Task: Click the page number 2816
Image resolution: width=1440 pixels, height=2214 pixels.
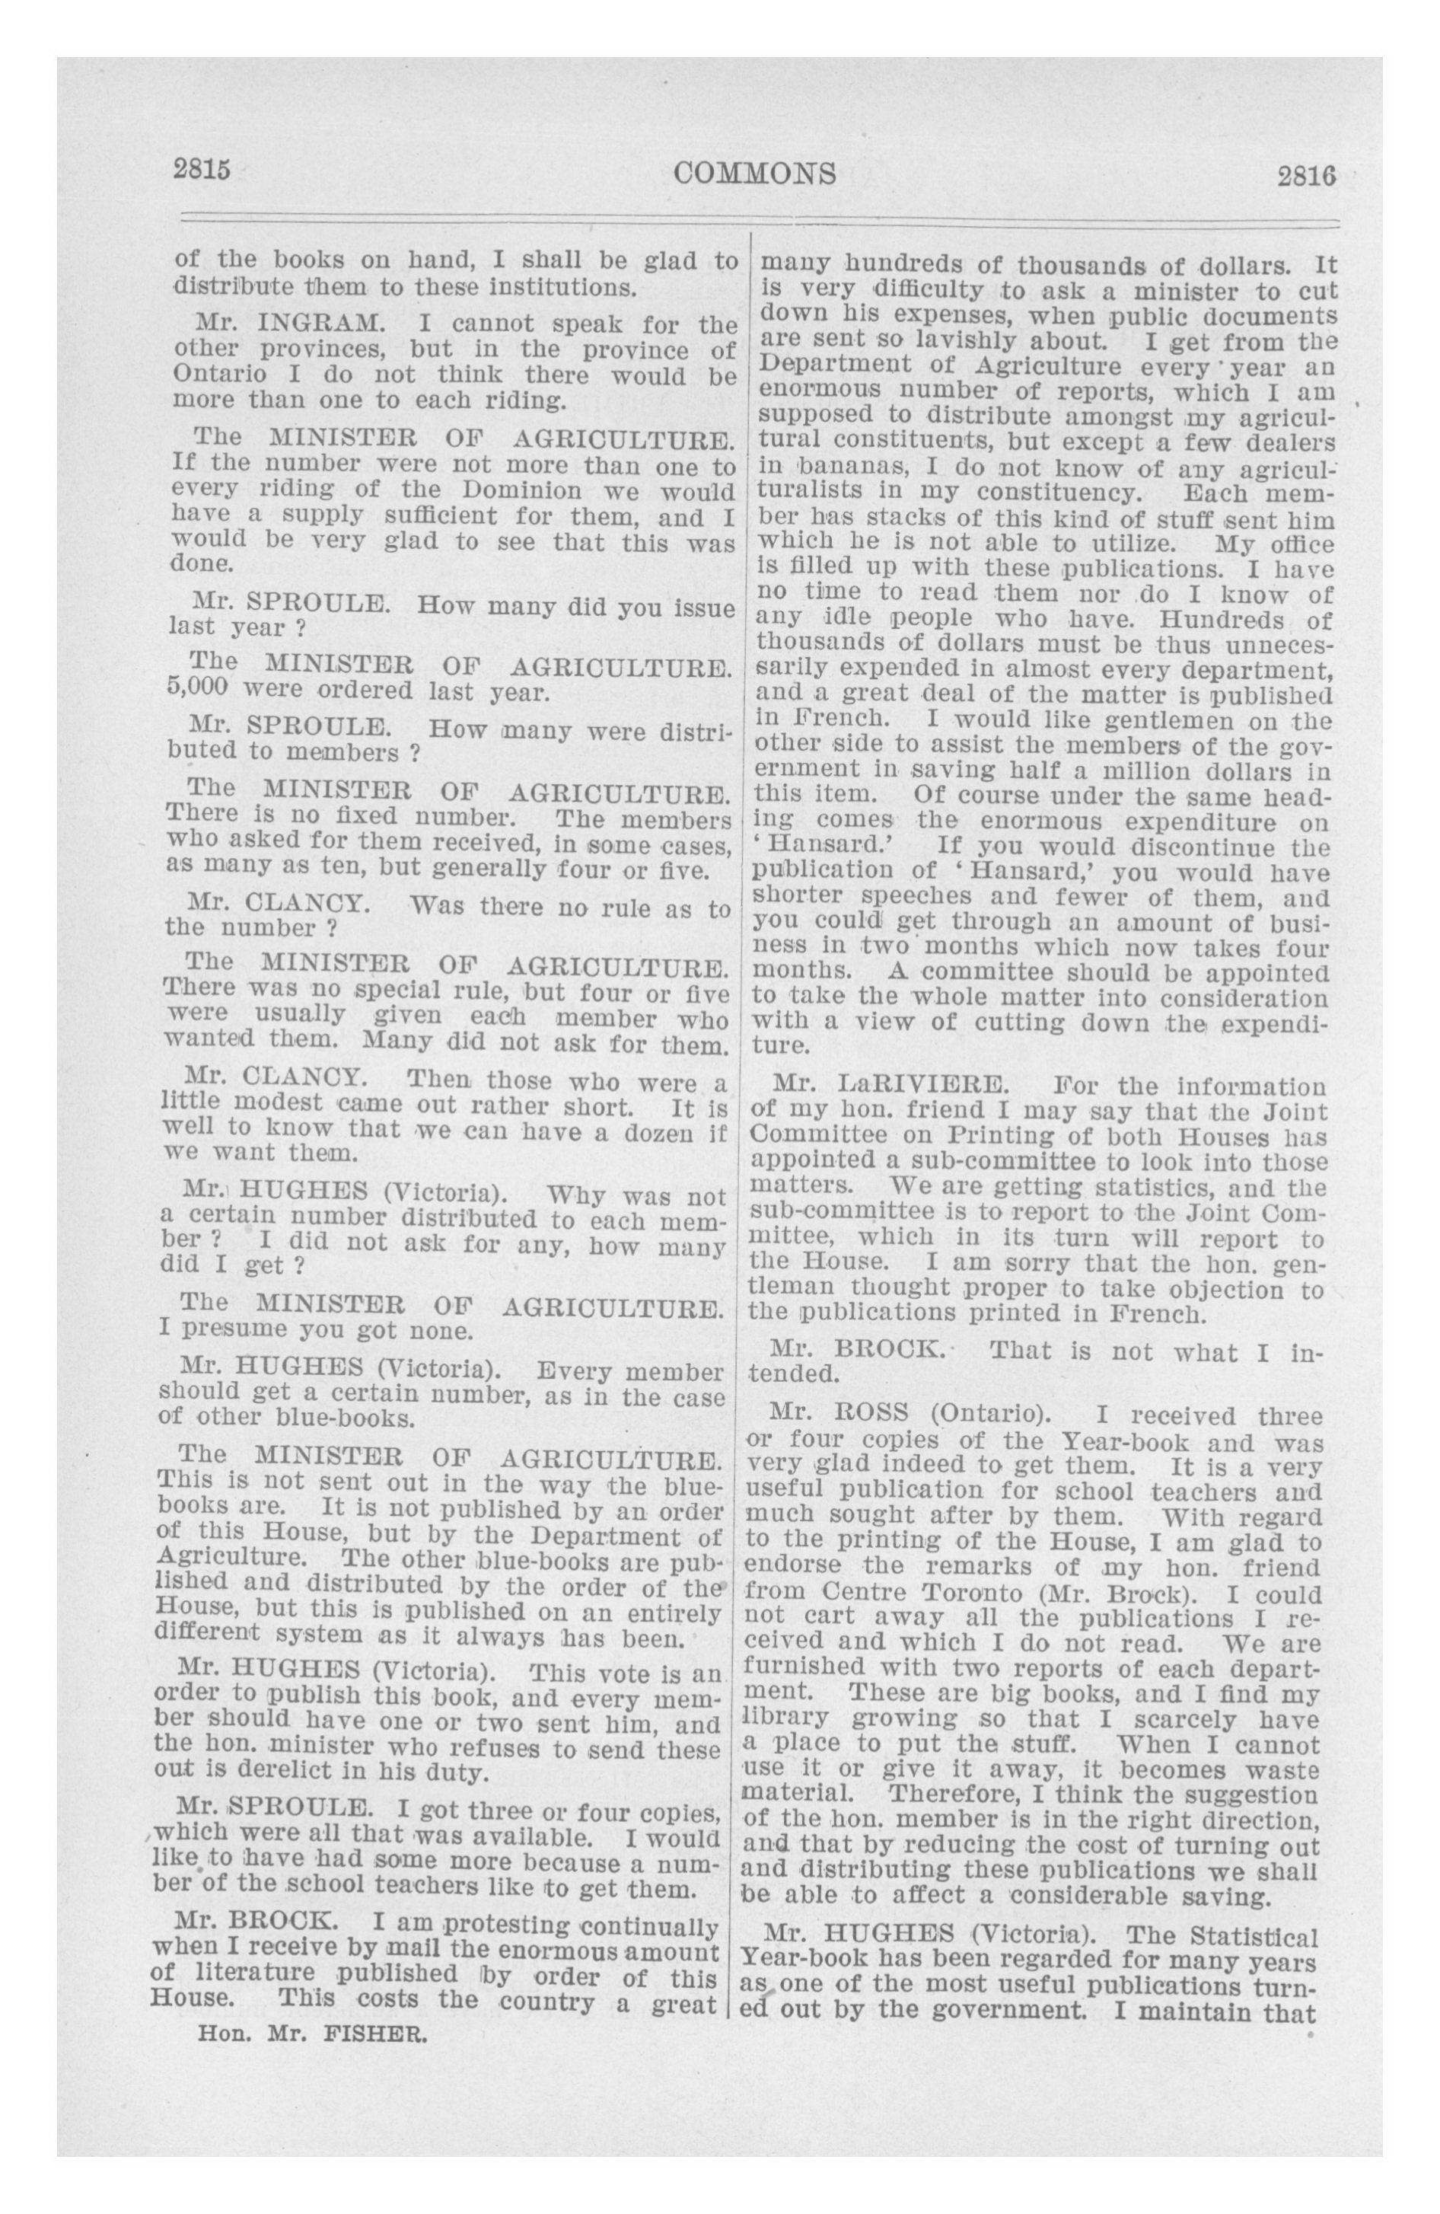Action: pyautogui.click(x=1306, y=175)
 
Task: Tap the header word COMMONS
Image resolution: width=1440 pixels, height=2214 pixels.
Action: pyautogui.click(x=754, y=173)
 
